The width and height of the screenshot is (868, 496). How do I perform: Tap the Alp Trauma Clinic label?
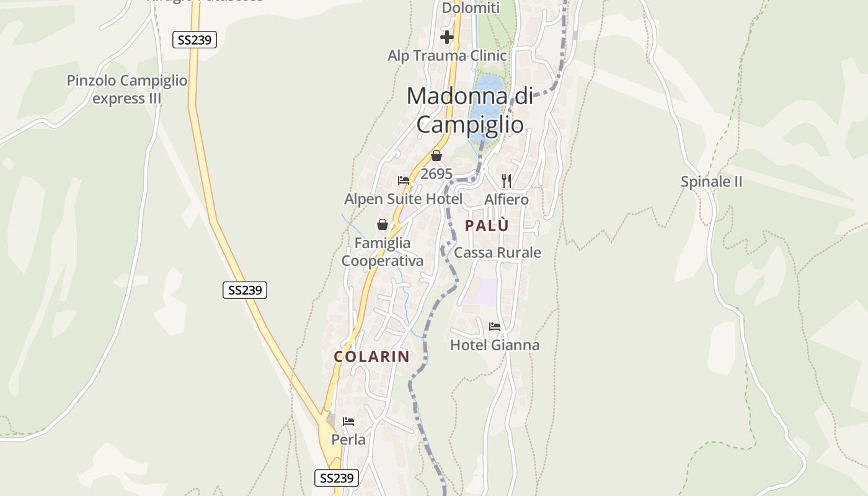447,56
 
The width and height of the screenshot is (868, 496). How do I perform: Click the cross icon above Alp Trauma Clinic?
446,37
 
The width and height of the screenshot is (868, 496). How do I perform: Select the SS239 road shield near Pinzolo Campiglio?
194,40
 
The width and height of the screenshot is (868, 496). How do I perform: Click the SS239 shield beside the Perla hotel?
337,478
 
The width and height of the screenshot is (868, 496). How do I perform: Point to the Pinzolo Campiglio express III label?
127,89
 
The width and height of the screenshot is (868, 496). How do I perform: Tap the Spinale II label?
711,182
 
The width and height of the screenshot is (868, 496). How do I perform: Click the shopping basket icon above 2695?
436,156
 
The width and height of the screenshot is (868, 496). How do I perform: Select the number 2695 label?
436,174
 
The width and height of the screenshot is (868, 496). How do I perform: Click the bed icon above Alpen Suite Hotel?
404,180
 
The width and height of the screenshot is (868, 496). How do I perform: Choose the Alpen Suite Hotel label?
403,199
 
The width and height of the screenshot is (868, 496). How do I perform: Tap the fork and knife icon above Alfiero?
507,180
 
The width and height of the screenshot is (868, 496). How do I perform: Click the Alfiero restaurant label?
507,199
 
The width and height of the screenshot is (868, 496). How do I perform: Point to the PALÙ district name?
487,226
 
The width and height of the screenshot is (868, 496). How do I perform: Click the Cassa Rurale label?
497,252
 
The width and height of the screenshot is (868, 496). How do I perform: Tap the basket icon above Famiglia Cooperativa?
383,224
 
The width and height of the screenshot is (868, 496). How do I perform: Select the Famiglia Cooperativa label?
383,252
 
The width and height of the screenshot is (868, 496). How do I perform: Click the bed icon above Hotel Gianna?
494,326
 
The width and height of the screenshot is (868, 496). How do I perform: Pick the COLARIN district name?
372,356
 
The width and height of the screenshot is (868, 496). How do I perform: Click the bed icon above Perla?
348,422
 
